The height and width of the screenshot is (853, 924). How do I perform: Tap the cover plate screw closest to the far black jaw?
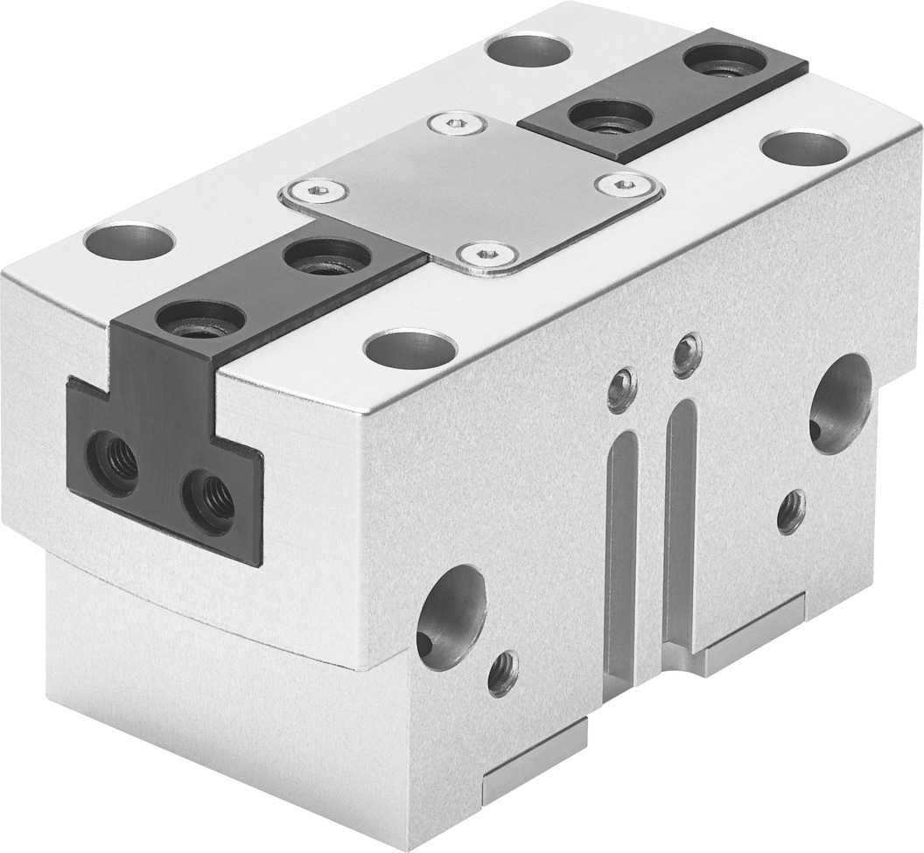tap(624, 185)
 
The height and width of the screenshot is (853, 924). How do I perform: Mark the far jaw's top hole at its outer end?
tap(725, 59)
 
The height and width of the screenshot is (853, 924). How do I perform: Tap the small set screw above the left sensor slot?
tap(621, 388)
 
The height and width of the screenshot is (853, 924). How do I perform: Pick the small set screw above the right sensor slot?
tap(687, 355)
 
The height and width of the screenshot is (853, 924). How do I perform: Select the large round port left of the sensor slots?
tap(450, 616)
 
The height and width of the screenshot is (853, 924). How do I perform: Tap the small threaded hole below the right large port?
tap(791, 511)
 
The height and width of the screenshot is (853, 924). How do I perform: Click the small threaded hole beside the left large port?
tap(503, 673)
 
